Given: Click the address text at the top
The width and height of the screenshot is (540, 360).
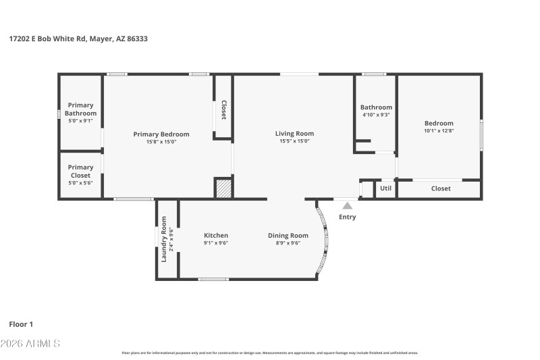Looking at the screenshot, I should click(x=78, y=39).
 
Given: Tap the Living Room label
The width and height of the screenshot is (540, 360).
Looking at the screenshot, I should click(x=294, y=134).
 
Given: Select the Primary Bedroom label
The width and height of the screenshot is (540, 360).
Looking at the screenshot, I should click(x=161, y=134).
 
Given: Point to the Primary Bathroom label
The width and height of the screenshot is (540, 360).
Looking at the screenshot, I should click(x=80, y=109).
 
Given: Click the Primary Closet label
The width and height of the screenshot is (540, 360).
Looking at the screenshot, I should click(x=80, y=172).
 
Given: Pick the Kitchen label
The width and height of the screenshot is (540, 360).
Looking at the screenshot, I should click(x=216, y=236).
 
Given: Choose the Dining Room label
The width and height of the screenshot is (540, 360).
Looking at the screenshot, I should click(x=288, y=236).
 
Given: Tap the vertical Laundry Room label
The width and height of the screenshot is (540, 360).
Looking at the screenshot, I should click(x=164, y=238).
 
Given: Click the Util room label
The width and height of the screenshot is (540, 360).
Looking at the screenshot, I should click(x=385, y=188).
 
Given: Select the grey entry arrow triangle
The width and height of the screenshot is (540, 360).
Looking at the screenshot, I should click(x=347, y=205).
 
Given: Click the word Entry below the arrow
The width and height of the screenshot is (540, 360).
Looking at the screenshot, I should click(x=347, y=217).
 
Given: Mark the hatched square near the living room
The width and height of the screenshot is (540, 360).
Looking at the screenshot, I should click(x=223, y=188).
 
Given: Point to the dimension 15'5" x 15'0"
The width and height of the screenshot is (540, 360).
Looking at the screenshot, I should click(x=294, y=141).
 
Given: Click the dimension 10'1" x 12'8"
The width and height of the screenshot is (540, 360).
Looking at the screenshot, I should click(x=439, y=130).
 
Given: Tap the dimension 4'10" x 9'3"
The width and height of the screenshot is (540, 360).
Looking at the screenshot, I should click(x=376, y=115).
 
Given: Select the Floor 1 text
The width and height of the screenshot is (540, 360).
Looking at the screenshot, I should click(x=21, y=324).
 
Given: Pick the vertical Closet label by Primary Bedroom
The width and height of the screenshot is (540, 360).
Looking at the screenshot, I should click(x=223, y=111).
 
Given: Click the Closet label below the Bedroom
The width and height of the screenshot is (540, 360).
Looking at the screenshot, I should click(x=440, y=188).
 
